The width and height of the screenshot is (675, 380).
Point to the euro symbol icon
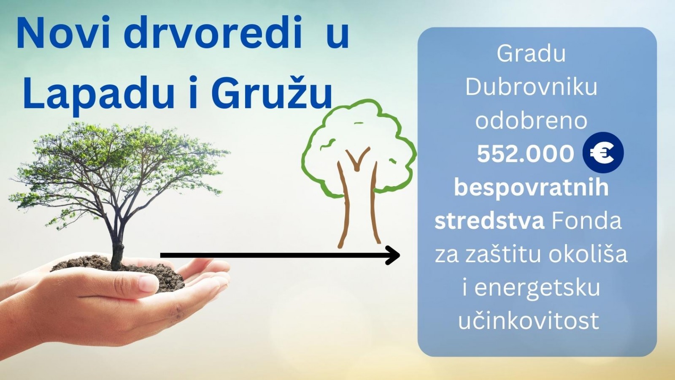click(x=603, y=152)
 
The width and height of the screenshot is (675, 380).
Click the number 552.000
click(x=525, y=154)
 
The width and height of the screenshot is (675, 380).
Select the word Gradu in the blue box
click(x=531, y=54)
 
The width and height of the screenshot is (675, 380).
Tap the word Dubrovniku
click(x=531, y=87)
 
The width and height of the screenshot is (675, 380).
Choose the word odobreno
click(x=531, y=121)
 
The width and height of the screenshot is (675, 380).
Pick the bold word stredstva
click(x=489, y=221)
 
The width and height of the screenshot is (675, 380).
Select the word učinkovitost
click(x=529, y=321)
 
